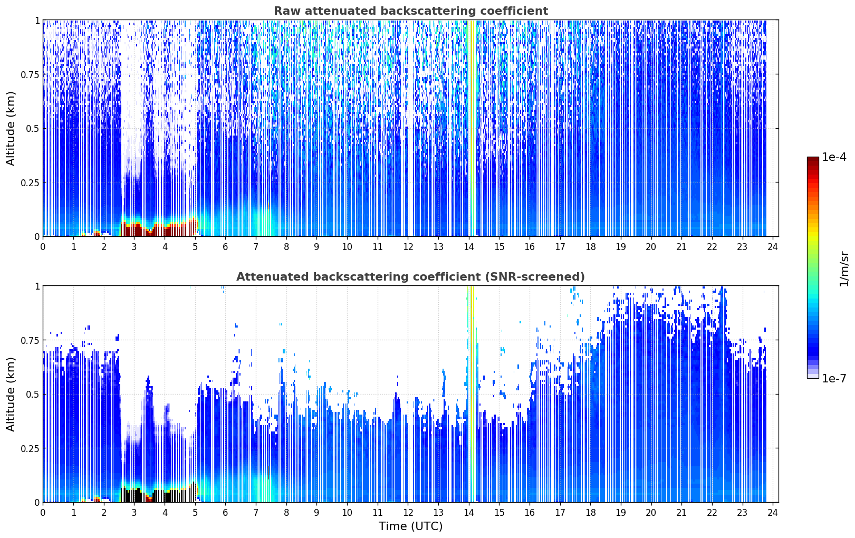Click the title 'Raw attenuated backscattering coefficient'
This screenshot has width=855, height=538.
pyautogui.click(x=411, y=11)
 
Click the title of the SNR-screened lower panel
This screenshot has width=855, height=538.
pyautogui.click(x=410, y=276)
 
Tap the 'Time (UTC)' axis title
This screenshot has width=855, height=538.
pyautogui.click(x=410, y=526)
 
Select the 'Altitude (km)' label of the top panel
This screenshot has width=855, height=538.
pyautogui.click(x=11, y=129)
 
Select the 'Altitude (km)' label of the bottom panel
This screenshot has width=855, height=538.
pyautogui.click(x=11, y=395)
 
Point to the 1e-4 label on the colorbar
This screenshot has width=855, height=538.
pyautogui.click(x=834, y=157)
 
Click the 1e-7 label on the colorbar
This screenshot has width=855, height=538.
pyautogui.click(x=834, y=378)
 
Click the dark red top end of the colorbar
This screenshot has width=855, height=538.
pyautogui.click(x=813, y=159)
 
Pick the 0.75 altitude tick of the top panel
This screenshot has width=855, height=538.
pyautogui.click(x=30, y=74)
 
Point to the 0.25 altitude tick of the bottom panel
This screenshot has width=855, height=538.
pyautogui.click(x=30, y=448)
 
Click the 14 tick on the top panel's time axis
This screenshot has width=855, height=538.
pyautogui.click(x=469, y=246)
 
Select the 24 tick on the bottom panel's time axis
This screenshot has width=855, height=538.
pyautogui.click(x=773, y=513)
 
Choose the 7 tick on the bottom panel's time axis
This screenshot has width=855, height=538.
pyautogui.click(x=256, y=513)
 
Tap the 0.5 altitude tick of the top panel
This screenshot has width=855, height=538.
pyautogui.click(x=33, y=129)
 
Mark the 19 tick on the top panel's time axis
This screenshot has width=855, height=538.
pyautogui.click(x=621, y=246)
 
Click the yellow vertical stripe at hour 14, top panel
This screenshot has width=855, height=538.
pyautogui.click(x=472, y=128)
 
